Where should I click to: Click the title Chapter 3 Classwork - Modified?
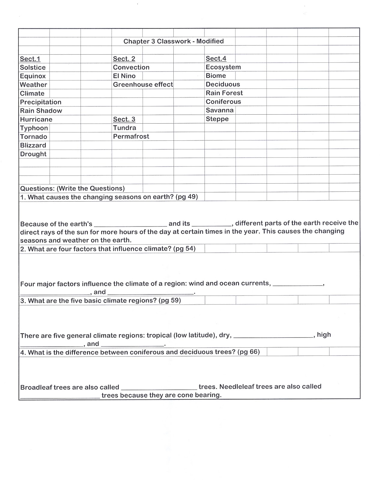click(173, 41)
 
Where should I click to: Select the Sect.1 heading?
click(30, 59)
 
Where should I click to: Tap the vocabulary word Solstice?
click(33, 67)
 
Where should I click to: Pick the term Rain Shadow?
click(41, 111)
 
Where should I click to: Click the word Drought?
click(33, 154)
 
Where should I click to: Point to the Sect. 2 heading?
click(124, 59)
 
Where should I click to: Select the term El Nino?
click(124, 76)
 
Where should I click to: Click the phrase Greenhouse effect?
click(143, 85)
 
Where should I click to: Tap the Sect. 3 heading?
click(124, 119)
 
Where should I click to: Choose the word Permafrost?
click(131, 136)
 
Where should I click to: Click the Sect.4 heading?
click(216, 58)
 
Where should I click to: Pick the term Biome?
click(216, 76)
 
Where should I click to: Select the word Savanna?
click(220, 110)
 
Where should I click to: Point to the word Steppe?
click(217, 119)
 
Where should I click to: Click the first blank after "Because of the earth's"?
click(130, 224)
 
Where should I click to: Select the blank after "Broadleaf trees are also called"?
click(159, 388)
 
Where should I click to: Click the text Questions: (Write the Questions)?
click(72, 188)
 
